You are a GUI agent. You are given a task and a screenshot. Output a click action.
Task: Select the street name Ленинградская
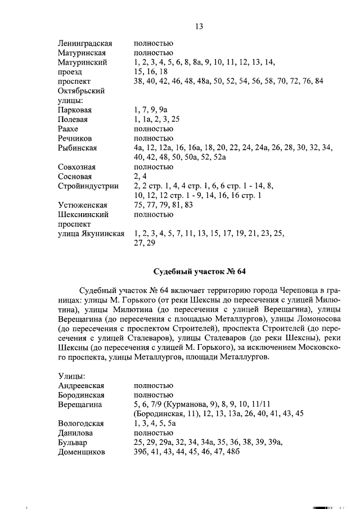click(85, 43)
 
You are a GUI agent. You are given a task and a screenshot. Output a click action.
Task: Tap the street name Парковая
click(75, 110)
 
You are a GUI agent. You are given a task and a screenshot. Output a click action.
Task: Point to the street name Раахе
click(69, 129)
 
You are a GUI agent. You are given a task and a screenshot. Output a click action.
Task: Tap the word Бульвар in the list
click(72, 442)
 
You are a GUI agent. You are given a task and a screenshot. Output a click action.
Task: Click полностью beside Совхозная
click(153, 166)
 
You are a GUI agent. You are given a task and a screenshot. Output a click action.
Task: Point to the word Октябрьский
click(82, 91)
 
